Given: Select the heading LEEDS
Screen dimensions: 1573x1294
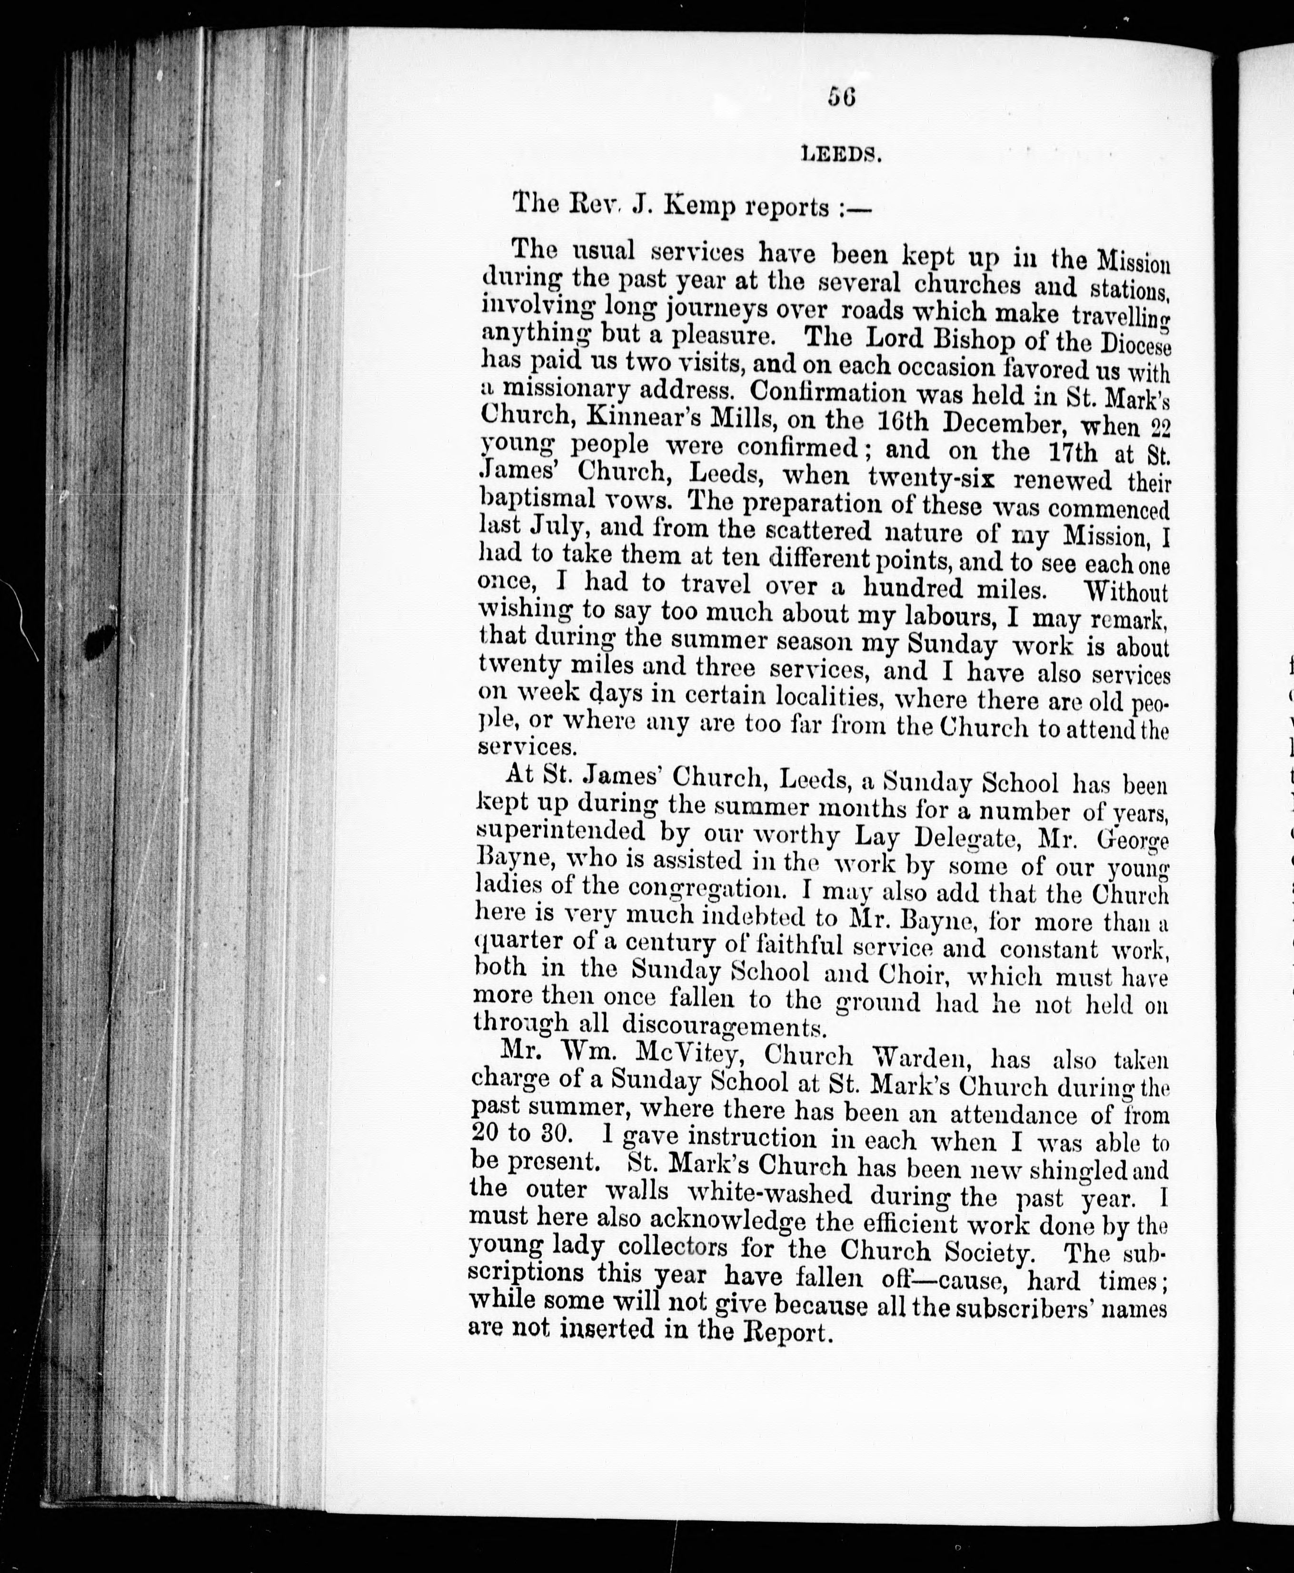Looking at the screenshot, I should tap(841, 154).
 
